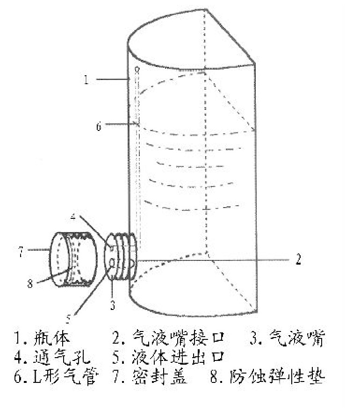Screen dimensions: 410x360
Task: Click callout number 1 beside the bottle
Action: click(x=86, y=80)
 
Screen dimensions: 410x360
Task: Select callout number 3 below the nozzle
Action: click(x=112, y=305)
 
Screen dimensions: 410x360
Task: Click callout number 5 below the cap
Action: click(x=68, y=319)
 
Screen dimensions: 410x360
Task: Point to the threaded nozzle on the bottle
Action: click(x=122, y=256)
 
